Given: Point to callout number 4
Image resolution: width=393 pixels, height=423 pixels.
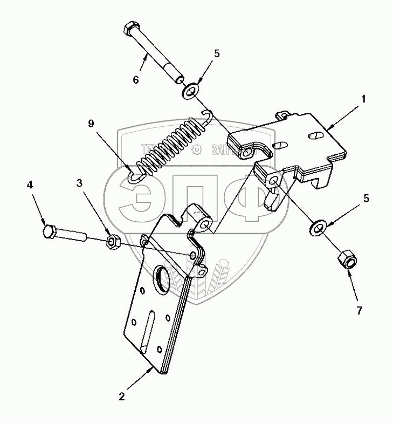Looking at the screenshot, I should click(x=31, y=185).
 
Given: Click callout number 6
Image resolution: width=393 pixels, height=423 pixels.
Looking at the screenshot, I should click(x=136, y=80).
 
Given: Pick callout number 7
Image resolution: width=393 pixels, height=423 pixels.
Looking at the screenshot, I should click(x=359, y=310).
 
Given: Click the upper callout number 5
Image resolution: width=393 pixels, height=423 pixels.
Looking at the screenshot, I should click(x=217, y=54).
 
